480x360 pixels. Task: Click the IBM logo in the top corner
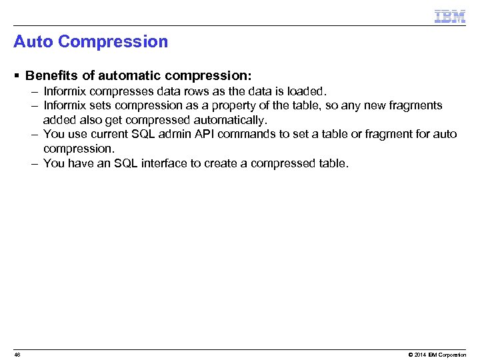[449, 16]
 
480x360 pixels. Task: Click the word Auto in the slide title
[33, 42]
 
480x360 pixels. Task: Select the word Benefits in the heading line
[51, 76]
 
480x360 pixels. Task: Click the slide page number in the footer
[17, 355]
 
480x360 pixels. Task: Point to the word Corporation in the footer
[453, 355]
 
